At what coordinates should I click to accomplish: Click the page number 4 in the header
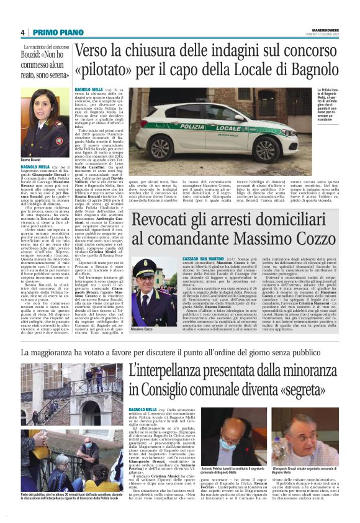[x=22, y=32]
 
